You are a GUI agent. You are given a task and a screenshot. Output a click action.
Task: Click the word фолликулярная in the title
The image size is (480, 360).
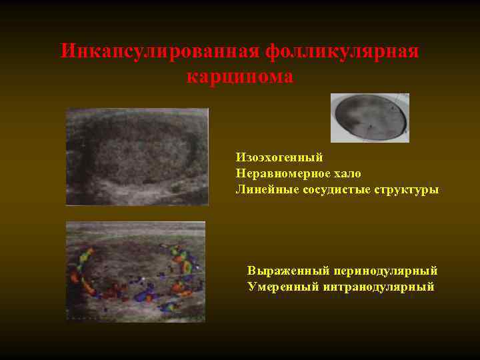pyautogui.click(x=342, y=51)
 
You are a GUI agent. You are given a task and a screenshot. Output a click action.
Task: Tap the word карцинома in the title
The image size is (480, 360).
pyautogui.click(x=240, y=77)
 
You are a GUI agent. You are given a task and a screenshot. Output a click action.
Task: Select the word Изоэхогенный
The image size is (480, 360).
pyautogui.click(x=279, y=157)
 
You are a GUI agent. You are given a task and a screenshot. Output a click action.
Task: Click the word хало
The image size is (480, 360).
pyautogui.click(x=349, y=173)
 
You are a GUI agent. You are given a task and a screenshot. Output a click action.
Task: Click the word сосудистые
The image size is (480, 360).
pyautogui.click(x=323, y=189)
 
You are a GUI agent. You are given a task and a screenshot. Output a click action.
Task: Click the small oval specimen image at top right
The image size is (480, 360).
pyautogui.click(x=370, y=117)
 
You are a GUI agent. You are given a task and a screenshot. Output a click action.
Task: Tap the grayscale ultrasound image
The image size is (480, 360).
pyautogui.click(x=137, y=157)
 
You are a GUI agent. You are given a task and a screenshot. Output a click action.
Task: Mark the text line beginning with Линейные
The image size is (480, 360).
pyautogui.click(x=337, y=189)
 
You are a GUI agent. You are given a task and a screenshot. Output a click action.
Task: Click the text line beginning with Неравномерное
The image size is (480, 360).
pyautogui.click(x=298, y=173)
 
